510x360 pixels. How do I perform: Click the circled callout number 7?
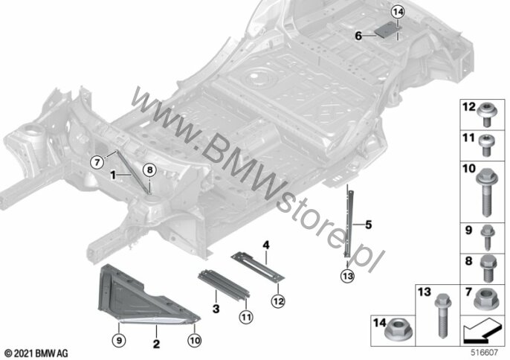coord(97,161)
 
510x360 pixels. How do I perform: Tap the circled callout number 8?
coord(149,170)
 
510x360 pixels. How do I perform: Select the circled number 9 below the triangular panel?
coord(119,341)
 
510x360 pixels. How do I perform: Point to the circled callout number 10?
coord(195,341)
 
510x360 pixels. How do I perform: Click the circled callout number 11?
coord(246,316)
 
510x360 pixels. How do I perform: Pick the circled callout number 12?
coord(278,301)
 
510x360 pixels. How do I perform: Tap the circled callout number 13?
coord(348,277)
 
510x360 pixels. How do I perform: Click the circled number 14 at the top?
coord(398,13)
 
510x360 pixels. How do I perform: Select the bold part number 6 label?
coord(358,36)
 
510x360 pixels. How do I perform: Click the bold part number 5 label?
coord(368,225)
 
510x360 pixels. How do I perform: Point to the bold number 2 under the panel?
coord(156,344)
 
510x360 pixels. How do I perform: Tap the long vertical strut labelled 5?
coord(349,224)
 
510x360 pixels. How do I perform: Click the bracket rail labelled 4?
coord(257,266)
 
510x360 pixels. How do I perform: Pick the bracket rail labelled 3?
coord(224,283)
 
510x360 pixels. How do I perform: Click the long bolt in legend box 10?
coord(486,193)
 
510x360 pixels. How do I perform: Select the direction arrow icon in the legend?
coord(482,331)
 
